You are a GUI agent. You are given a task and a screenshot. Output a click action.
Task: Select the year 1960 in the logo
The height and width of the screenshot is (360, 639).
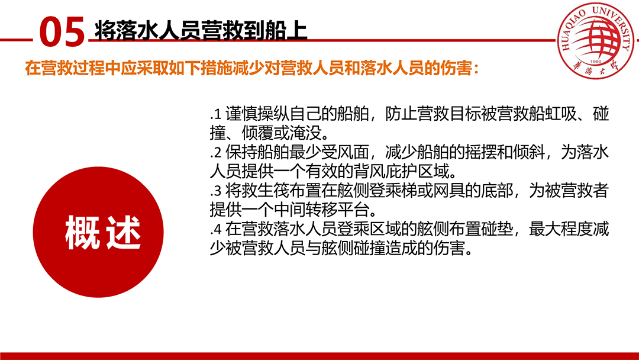click(x=595, y=62)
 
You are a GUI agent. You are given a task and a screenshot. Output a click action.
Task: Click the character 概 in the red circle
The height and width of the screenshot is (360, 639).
click(x=82, y=232)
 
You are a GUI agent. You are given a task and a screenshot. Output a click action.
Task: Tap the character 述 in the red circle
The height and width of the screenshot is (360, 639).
click(x=124, y=232)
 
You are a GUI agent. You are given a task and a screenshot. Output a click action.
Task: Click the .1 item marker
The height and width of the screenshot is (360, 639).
click(x=215, y=114)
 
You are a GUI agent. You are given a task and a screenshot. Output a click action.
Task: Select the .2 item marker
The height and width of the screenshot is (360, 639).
click(x=215, y=153)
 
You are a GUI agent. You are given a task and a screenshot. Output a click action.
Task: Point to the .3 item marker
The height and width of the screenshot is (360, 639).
click(x=215, y=191)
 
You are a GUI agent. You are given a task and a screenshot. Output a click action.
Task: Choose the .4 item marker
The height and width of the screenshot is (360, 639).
click(x=215, y=229)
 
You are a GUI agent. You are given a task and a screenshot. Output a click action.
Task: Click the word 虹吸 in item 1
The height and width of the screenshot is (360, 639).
click(x=561, y=114)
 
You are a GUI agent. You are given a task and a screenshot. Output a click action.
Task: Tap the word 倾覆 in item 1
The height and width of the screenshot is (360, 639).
click(x=257, y=133)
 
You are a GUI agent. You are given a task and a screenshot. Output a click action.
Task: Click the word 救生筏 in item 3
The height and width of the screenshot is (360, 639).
click(x=265, y=191)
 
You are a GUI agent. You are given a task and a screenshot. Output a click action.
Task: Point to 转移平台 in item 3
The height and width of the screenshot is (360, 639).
click(x=337, y=210)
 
